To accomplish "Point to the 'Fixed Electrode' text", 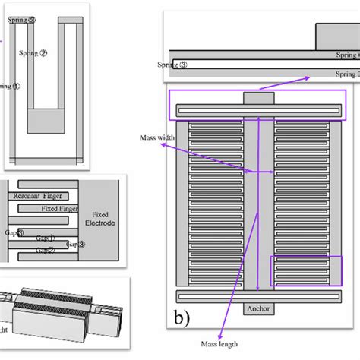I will click(102, 209).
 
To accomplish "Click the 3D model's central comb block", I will click(58, 311).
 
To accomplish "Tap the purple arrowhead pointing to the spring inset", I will click(307, 77).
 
